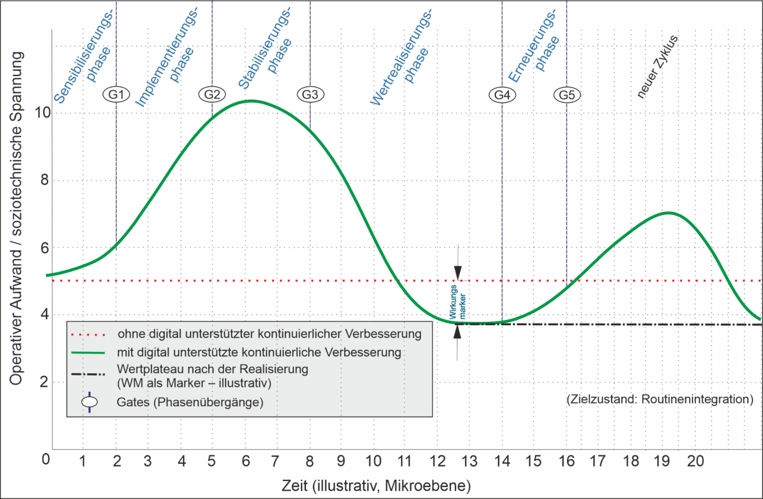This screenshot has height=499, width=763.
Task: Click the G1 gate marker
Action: pos(116,94)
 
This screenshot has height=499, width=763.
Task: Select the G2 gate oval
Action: pos(212,94)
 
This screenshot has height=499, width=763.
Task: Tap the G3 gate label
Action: pos(310,94)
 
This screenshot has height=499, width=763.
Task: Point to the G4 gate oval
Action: pos(502,95)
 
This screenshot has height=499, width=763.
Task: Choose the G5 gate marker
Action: pos(567,95)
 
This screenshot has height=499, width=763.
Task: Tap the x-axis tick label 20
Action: pos(695,461)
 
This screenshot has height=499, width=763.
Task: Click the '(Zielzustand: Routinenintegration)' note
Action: pos(660,400)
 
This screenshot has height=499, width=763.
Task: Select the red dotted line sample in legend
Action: pos(89,335)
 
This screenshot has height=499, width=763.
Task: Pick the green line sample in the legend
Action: pos(89,353)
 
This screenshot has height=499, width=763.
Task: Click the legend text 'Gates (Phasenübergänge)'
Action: pos(190,402)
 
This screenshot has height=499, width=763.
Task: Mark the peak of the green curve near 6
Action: pos(251,101)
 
